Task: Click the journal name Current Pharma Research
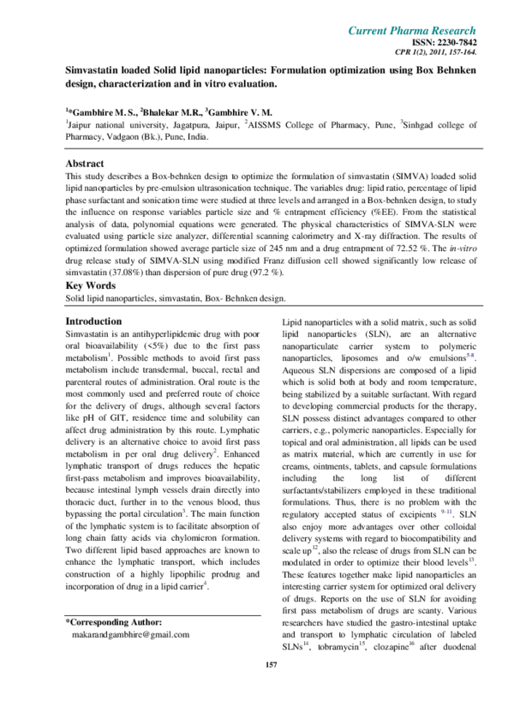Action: [412, 31]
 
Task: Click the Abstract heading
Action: [85, 163]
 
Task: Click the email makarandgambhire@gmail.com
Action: [131, 634]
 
